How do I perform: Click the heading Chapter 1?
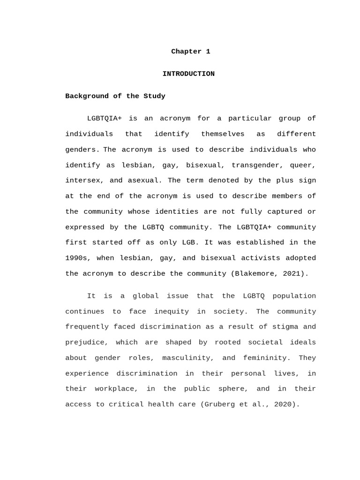pyautogui.click(x=190, y=52)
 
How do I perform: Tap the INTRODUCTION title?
pyautogui.click(x=188, y=74)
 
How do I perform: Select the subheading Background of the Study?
pyautogui.click(x=115, y=96)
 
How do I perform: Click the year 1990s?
pyautogui.click(x=76, y=258)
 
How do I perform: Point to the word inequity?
pyautogui.click(x=167, y=311)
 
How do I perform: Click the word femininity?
pyautogui.click(x=264, y=358)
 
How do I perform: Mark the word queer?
pyautogui.click(x=303, y=165)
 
